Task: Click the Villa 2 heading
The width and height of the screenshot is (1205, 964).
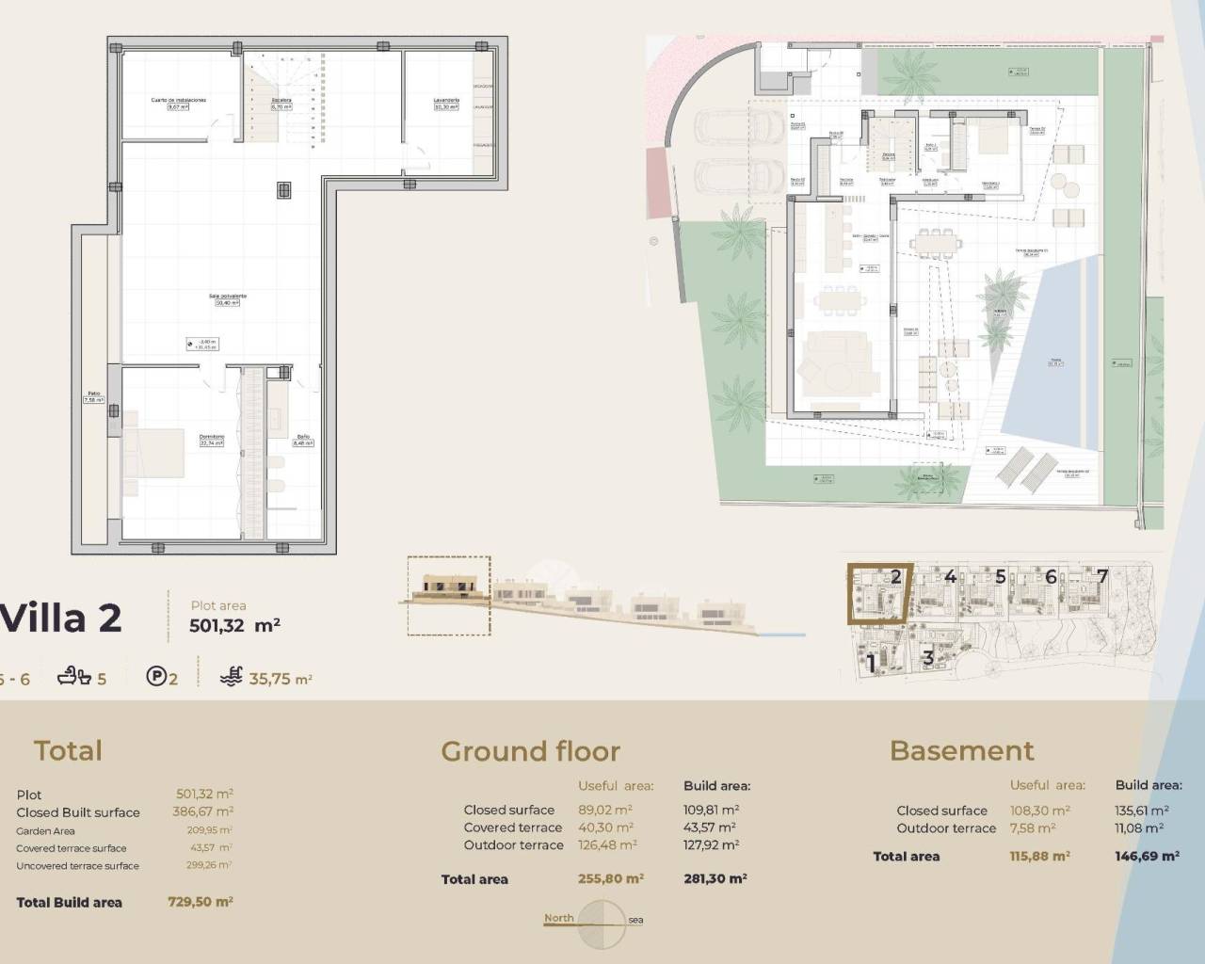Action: (61, 619)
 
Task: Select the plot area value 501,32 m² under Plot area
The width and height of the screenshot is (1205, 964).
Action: (234, 625)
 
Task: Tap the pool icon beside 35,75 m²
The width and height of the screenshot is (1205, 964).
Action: (231, 676)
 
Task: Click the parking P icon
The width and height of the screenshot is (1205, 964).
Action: (156, 676)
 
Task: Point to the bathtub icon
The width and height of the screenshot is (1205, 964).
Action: (73, 676)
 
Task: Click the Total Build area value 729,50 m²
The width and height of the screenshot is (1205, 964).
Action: (200, 901)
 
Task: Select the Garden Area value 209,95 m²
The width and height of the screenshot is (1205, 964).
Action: (209, 830)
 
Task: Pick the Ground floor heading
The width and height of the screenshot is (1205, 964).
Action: (530, 750)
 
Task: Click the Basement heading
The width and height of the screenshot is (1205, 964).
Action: (961, 750)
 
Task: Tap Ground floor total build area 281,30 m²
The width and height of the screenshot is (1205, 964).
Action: (715, 878)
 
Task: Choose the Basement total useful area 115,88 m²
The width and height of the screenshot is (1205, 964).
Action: (1039, 856)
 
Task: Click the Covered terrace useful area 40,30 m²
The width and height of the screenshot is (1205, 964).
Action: (605, 827)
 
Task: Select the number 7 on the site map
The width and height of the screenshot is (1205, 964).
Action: (1101, 575)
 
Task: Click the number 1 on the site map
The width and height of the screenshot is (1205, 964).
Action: (871, 662)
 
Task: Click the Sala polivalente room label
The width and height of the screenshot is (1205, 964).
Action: (228, 297)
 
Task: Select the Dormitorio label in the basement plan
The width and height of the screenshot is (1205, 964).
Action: (211, 437)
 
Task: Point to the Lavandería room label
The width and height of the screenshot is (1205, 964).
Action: (445, 100)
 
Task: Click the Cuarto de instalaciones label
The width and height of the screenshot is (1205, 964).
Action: (178, 100)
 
